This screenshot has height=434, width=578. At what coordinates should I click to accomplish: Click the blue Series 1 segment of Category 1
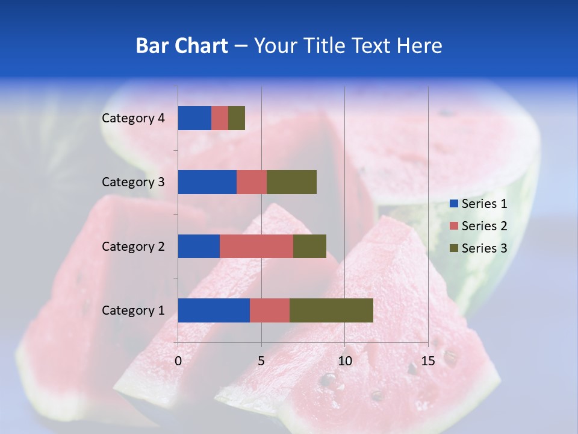214,310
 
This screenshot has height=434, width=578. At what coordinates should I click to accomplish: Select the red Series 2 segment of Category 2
256,246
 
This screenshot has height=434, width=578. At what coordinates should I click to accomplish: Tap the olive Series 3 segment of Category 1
331,310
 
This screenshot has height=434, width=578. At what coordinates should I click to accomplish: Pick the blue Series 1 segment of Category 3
207,182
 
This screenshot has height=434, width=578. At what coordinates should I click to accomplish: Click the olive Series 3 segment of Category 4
237,118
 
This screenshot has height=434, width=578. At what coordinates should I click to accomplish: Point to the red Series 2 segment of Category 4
220,118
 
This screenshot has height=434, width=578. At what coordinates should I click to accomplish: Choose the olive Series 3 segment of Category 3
291,182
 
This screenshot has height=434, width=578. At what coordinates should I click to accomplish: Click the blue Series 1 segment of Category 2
199,246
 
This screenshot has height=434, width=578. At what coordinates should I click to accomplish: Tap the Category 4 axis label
133,118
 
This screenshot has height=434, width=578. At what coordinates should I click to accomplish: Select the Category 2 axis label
133,246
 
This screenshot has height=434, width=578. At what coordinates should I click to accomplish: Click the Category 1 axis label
133,310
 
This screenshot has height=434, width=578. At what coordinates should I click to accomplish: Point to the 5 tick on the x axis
261,361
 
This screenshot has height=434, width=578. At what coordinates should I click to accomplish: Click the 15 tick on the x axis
428,361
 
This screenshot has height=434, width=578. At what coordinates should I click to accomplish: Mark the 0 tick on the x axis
178,361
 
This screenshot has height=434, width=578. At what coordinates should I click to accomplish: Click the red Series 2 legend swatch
453,226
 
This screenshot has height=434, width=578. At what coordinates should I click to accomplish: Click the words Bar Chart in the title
182,45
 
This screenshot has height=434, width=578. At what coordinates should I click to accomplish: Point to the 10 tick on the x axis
344,361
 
